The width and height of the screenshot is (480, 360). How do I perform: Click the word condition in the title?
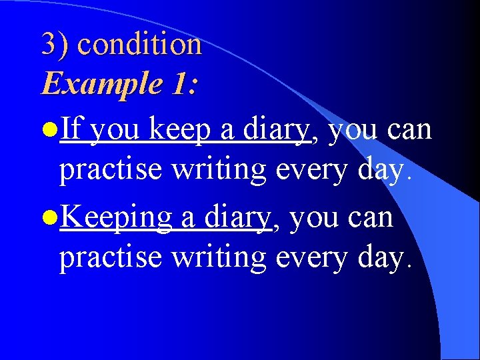tap(139, 45)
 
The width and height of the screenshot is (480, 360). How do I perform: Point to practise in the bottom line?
tap(111, 257)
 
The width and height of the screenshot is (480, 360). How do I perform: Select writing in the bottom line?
tap(219, 257)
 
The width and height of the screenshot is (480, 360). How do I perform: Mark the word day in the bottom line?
tap(378, 257)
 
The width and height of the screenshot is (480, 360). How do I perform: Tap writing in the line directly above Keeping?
tap(219, 169)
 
